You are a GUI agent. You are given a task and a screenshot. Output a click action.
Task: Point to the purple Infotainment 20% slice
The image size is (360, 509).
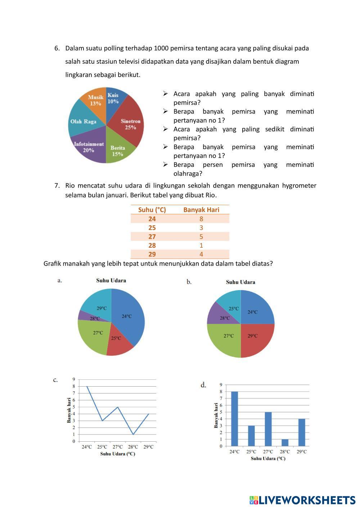pos(88,148)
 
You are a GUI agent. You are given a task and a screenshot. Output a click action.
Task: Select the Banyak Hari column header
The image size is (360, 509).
pos(201,210)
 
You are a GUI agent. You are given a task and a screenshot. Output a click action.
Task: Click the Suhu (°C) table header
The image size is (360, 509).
pos(152,210)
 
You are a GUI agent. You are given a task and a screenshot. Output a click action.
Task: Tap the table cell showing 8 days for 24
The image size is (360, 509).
pos(201,219)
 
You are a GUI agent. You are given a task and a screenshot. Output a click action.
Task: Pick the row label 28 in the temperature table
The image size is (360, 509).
pos(152,245)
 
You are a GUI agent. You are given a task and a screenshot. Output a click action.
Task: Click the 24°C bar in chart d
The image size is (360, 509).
pos(234,419)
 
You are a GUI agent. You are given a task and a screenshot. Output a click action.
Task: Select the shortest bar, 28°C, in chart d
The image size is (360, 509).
pos(285,442)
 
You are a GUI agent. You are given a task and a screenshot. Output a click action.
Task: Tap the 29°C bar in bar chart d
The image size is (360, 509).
pos(302,432)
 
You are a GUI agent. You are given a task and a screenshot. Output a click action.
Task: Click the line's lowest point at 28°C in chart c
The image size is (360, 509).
pos(133,434)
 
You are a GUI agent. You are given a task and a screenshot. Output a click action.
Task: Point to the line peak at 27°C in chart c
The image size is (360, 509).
pos(118,407)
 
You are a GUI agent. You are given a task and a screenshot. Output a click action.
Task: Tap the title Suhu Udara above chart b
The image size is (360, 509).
pos(240,282)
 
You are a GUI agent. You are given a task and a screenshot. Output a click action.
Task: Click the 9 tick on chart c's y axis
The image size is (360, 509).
pos(74,379)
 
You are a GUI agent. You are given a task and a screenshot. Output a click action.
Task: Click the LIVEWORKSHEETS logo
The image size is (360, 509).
pos(302,500)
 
